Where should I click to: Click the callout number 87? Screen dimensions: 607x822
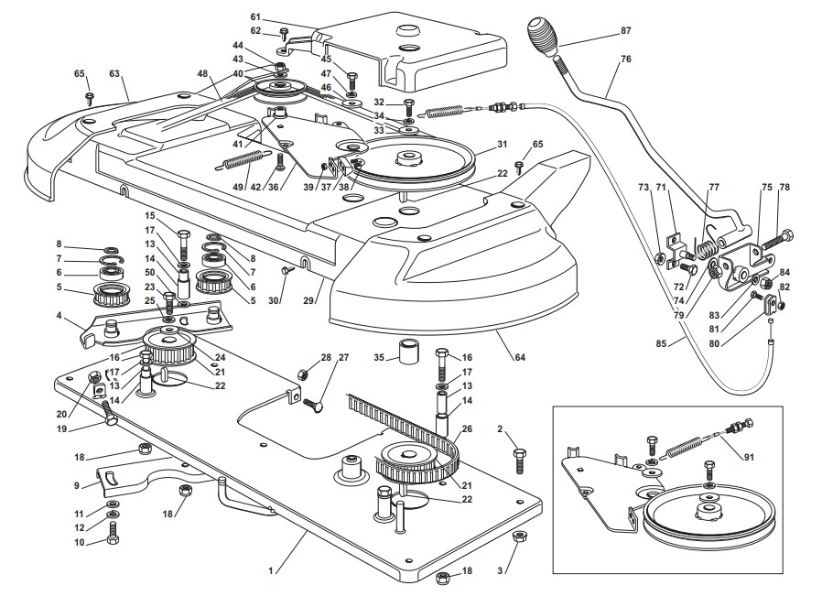[626, 30]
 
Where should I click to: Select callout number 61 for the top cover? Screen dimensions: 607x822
[255, 17]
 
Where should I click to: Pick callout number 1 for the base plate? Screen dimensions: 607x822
[270, 570]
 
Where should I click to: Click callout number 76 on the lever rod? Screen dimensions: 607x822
[626, 60]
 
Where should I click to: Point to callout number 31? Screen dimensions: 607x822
[502, 144]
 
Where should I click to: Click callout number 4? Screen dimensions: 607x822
[59, 316]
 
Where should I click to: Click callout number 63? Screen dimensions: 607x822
[114, 73]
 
